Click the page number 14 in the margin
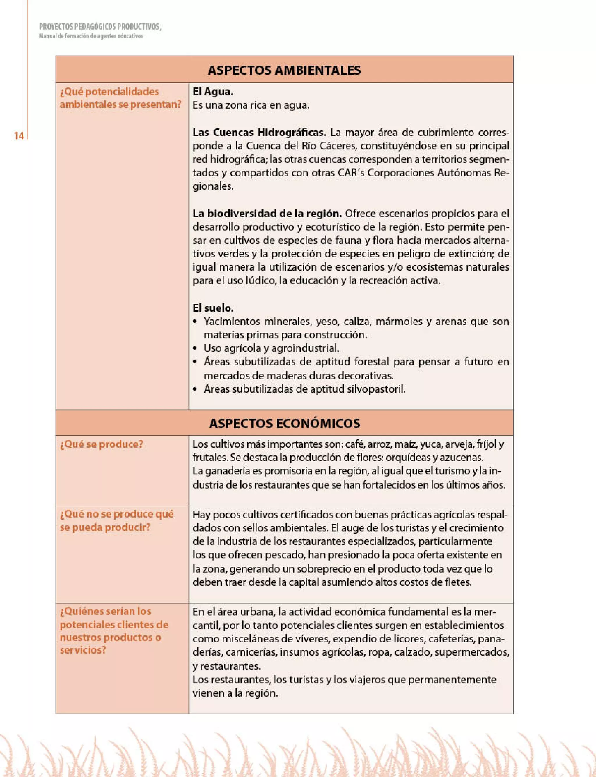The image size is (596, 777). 19,136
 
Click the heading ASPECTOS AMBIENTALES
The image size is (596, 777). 284,70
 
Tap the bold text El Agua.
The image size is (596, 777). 213,91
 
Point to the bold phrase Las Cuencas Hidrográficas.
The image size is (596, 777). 259,133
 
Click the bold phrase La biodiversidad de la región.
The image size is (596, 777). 267,213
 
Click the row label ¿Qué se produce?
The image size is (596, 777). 102,444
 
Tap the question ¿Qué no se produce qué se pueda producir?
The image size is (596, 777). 116,520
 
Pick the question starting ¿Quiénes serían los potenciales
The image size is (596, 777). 113,631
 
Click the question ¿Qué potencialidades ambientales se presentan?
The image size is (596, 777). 120,98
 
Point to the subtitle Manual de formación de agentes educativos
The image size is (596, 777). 91,36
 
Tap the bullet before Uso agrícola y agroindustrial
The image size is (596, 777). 195,348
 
